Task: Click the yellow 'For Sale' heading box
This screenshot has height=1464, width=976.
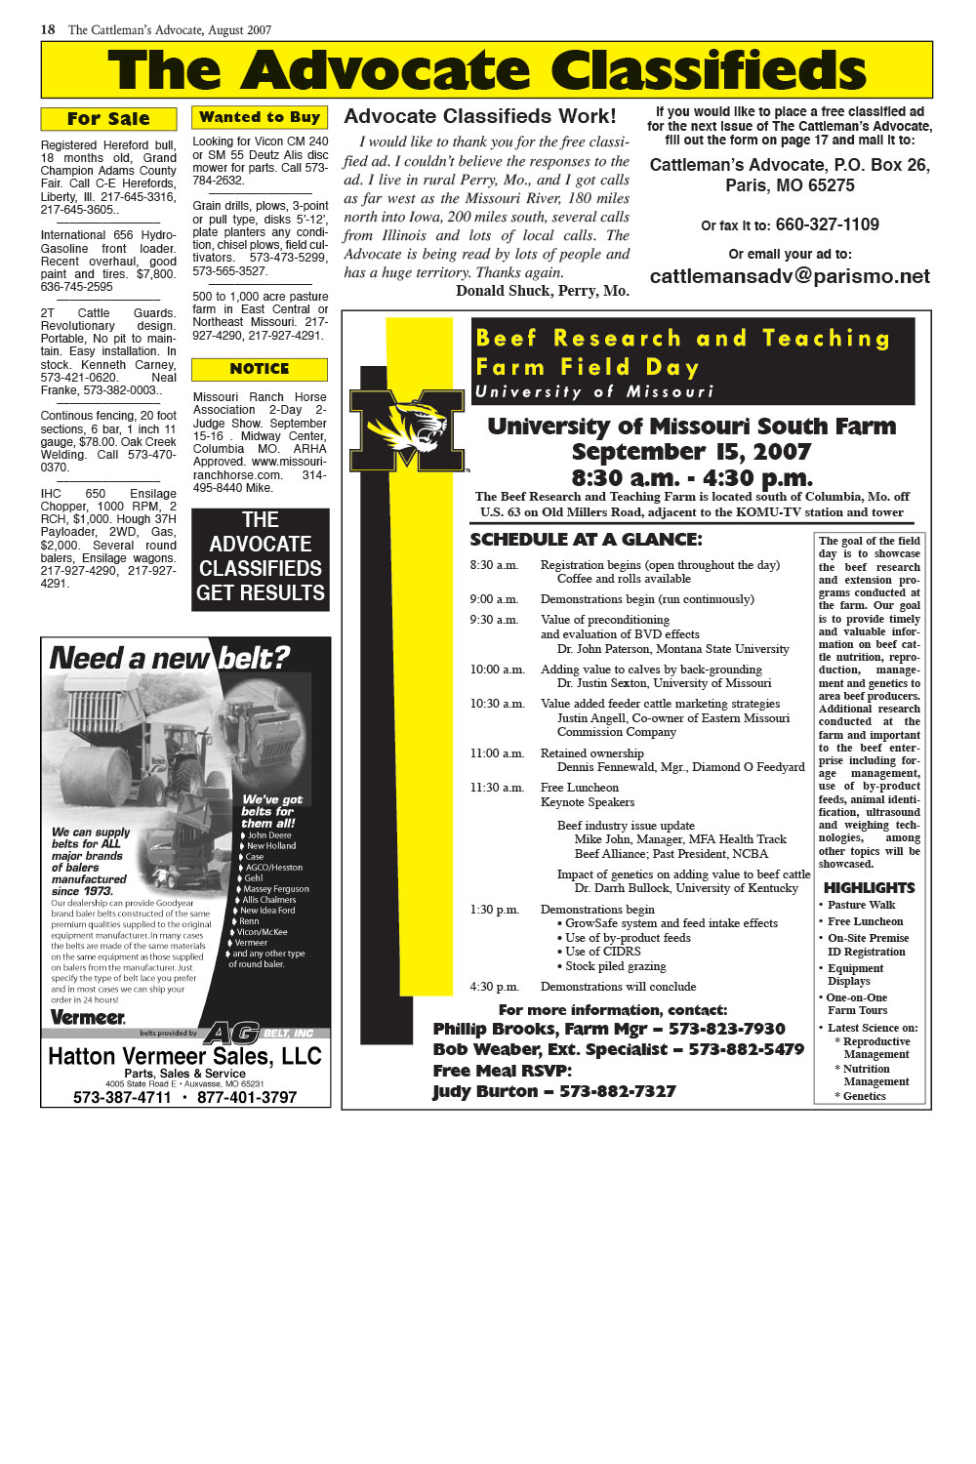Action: coord(108,119)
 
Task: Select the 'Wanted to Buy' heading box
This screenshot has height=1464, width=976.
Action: coord(260,117)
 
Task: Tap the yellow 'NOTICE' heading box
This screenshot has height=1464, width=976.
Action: coord(260,369)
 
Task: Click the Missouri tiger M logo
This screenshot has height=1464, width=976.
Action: coord(407,429)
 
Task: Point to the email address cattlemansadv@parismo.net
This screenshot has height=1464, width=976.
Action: coord(790,276)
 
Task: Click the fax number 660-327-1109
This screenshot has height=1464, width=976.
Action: coord(827,224)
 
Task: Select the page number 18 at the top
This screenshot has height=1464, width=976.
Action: coord(48,29)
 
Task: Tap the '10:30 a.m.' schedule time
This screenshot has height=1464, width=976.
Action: coord(497,704)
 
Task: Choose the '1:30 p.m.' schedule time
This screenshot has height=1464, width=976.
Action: coord(494,910)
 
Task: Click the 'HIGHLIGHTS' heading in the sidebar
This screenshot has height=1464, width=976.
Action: coord(869,888)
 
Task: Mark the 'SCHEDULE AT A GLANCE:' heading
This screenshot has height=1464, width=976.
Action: coord(586,540)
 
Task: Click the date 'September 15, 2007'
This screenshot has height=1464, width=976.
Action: coord(691,452)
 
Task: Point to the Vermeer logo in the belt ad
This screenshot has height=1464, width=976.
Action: coord(88,1017)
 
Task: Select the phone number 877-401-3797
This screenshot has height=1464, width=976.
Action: coord(247,1097)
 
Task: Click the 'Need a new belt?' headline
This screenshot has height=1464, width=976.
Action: coord(170,658)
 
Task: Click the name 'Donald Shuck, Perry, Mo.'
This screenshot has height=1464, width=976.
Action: coord(542,291)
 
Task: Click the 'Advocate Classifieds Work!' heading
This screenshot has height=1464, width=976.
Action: coord(480,116)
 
